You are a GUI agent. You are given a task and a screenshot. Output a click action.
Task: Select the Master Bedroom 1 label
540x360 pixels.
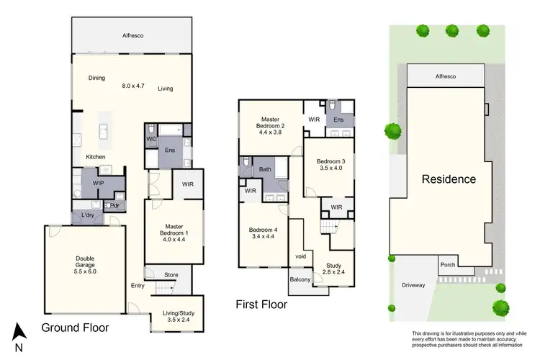point(174,230)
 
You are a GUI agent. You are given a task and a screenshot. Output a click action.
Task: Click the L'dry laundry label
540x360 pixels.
point(88,216)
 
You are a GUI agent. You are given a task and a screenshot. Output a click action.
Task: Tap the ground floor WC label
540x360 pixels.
point(151,138)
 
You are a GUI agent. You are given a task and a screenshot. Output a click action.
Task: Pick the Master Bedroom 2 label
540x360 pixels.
point(271,123)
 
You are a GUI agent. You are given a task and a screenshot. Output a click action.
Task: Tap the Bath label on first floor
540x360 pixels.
point(266,169)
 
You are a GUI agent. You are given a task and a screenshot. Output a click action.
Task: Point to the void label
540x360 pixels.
point(300,255)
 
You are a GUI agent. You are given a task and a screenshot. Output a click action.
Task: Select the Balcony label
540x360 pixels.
point(300,279)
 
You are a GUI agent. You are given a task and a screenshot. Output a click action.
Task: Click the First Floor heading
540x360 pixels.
point(261,305)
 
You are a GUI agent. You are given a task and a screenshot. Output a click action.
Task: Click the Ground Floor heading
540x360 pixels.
point(75,328)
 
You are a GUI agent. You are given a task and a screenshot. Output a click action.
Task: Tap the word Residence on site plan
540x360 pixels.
point(449,179)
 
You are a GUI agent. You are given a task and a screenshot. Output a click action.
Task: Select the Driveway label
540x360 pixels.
point(413,285)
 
